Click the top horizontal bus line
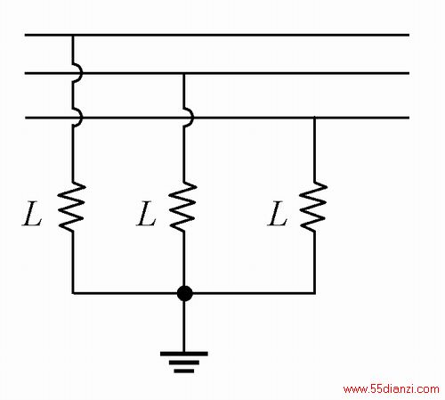point(217,35)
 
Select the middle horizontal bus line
point(217,73)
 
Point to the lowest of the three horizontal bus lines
point(217,118)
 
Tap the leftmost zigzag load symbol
point(72,207)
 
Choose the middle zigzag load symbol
point(183,207)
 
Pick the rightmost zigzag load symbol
point(313,207)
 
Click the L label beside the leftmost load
point(32,214)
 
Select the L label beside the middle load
point(146,214)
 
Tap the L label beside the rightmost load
point(277,214)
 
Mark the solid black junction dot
point(184,293)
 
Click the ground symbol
point(184,362)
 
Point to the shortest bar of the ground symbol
point(184,371)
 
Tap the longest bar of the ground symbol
point(184,354)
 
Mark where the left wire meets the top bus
point(73,36)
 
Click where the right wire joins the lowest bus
point(314,118)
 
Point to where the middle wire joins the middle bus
point(184,73)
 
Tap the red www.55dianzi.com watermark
point(391,389)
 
